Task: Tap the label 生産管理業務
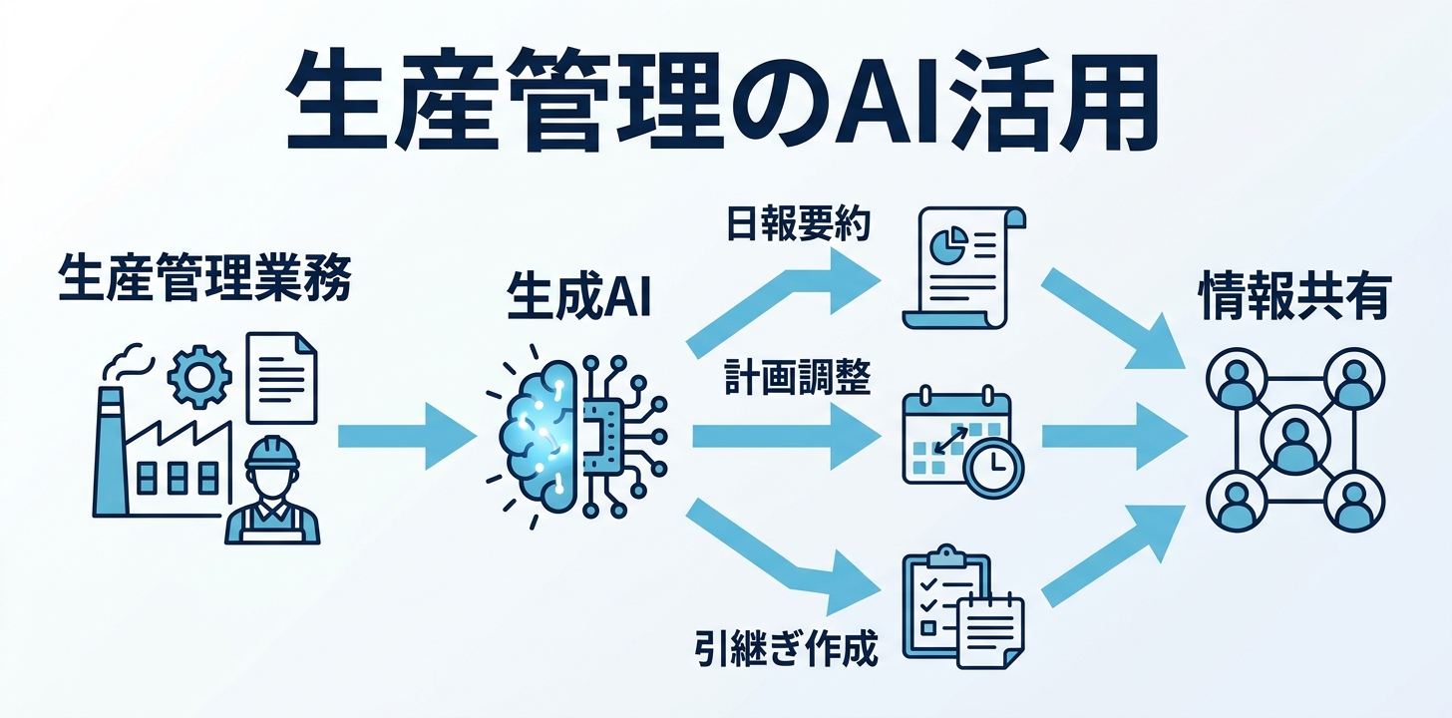204,277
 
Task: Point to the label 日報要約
798,224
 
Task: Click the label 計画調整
798,377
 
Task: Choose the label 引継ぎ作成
786,647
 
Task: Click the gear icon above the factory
199,377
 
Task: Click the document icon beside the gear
281,378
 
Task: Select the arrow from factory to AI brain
407,436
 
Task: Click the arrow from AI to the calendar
786,436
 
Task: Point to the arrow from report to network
1114,319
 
